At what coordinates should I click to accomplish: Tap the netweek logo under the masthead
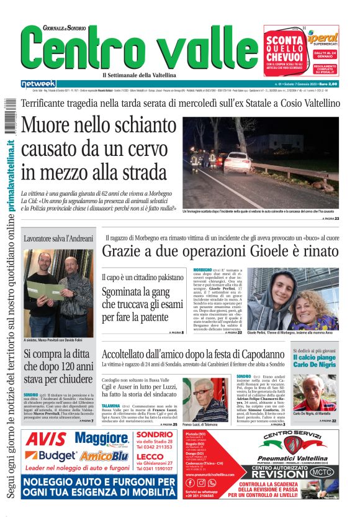[38, 84]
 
